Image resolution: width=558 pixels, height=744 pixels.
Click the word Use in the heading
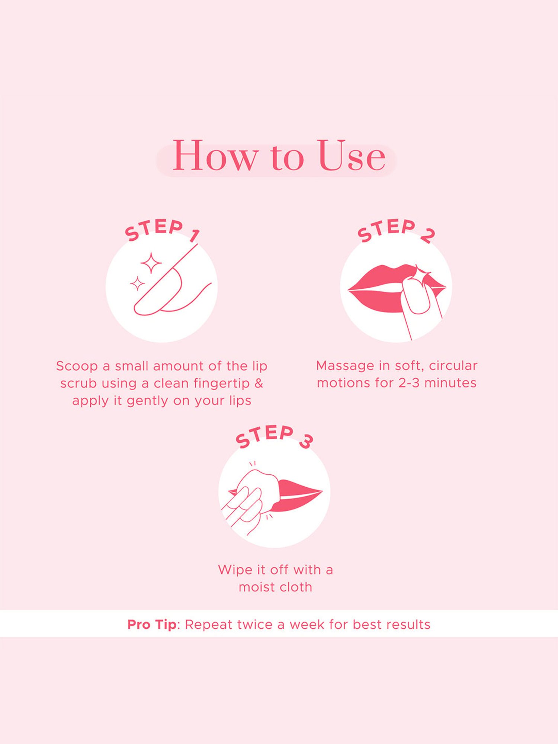tap(352, 155)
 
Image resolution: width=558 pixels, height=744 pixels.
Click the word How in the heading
tap(215, 155)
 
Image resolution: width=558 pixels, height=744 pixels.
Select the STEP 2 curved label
tap(396, 230)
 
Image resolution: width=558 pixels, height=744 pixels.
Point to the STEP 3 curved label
tap(274, 436)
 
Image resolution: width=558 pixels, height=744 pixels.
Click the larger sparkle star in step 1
tap(151, 263)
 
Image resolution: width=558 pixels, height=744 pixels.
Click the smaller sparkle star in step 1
tap(137, 283)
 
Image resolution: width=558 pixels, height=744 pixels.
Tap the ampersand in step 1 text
tap(259, 383)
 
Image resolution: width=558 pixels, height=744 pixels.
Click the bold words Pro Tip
tap(152, 625)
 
